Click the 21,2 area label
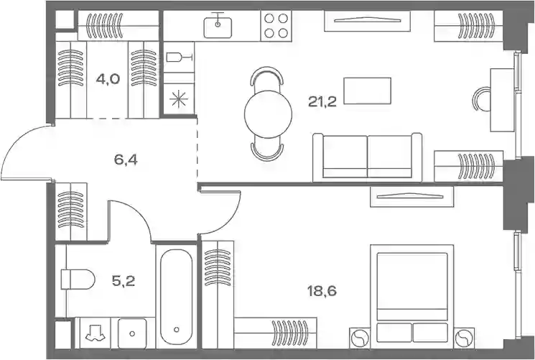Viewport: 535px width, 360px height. (x=322, y=101)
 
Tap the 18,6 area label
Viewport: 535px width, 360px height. (x=322, y=291)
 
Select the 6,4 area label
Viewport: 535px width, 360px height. (x=126, y=160)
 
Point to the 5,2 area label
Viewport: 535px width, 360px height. (x=124, y=281)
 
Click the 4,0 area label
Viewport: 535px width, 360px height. (x=108, y=79)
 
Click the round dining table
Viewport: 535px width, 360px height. (x=268, y=114)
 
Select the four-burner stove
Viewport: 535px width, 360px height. (x=276, y=26)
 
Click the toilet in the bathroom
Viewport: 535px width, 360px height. (x=78, y=280)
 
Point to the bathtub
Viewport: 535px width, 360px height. (x=176, y=297)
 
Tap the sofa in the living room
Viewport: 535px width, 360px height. (x=368, y=157)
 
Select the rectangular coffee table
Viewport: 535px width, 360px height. (x=367, y=91)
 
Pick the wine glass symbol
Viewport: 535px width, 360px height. (x=180, y=57)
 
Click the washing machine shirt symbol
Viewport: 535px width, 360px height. (x=94, y=333)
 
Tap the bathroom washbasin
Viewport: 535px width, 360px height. (x=132, y=333)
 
